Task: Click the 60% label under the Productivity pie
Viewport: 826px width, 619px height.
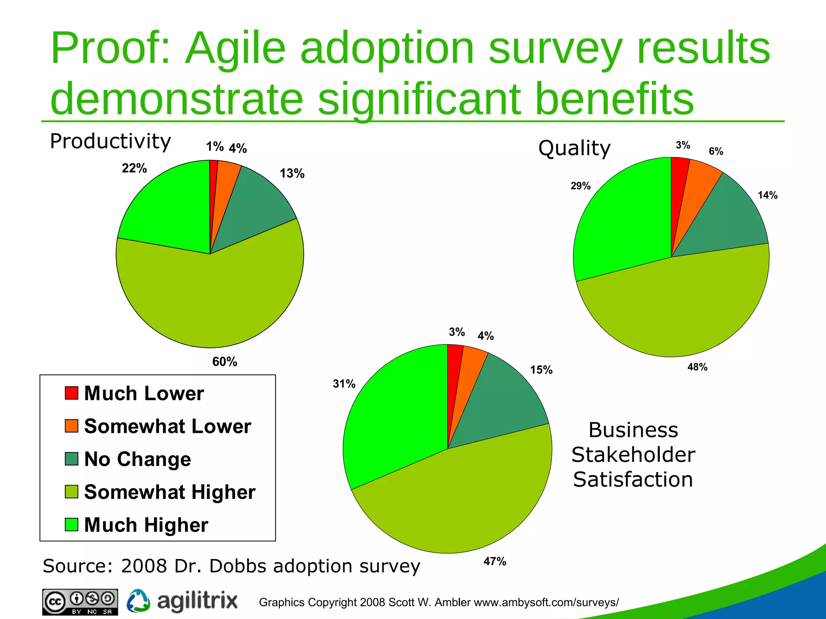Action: coord(225,361)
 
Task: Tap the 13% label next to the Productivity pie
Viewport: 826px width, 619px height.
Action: coord(292,173)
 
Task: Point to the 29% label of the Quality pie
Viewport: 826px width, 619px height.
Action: coord(580,186)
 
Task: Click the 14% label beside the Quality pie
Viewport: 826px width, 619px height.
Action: coord(767,195)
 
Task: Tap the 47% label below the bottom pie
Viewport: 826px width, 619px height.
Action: coord(494,561)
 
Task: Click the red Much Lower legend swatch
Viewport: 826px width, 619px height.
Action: coord(71,393)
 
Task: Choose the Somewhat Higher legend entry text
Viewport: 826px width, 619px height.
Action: coord(170,492)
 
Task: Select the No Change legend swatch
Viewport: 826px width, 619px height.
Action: coord(71,459)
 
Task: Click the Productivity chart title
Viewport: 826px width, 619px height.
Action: coord(111,141)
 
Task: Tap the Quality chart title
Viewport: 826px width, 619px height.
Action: coord(574,148)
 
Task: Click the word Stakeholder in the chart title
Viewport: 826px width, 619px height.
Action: coord(633,455)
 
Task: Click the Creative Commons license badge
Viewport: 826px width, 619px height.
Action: coord(80,602)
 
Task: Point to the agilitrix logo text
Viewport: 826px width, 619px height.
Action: coord(197,601)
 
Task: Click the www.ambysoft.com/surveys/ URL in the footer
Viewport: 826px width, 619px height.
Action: coord(546,602)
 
